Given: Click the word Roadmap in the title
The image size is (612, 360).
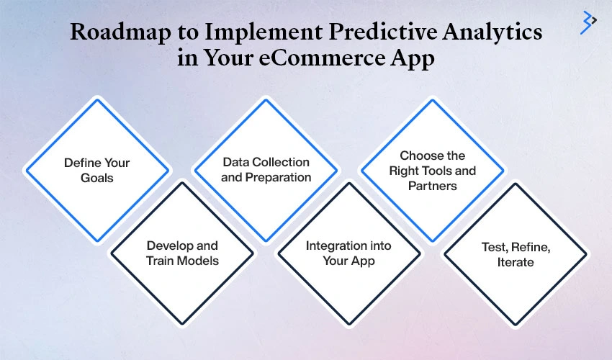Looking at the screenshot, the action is point(121,32).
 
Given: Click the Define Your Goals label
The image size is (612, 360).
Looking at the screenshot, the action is point(96,170).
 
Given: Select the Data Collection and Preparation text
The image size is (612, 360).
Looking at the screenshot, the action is point(266,170).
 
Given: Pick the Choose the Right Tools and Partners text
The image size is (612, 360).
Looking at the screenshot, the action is point(433,171).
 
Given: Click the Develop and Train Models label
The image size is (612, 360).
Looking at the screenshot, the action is point(182,253).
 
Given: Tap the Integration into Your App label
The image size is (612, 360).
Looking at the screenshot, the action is point(348,253).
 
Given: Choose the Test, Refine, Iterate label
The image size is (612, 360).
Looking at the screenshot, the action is point(516,255).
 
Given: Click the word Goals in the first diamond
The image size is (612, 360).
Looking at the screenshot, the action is point(96,178).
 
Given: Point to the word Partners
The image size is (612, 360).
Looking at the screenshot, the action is point(433,186).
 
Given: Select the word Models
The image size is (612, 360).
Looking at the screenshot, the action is point(199,261).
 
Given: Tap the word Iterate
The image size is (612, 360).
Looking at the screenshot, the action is point(516,262).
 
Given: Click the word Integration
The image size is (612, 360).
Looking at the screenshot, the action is point(330,246).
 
